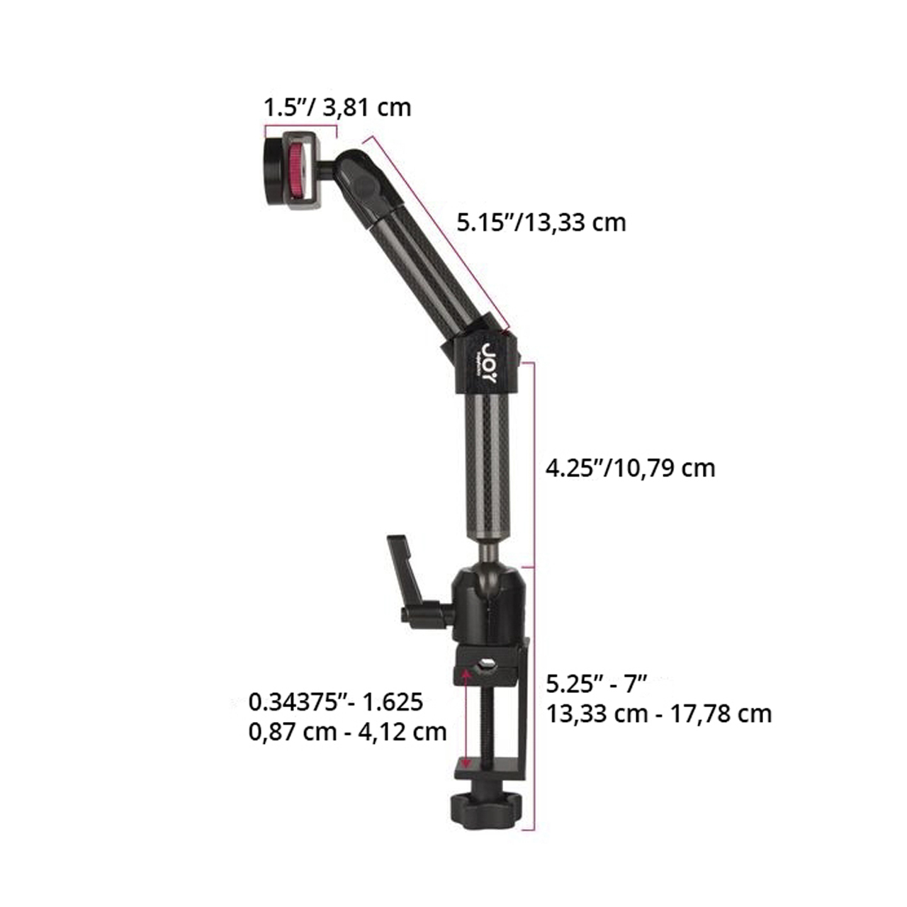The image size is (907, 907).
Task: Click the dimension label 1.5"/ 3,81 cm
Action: [337, 108]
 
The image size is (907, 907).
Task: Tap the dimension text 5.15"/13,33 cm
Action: [541, 222]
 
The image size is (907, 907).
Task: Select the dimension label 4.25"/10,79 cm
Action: [630, 468]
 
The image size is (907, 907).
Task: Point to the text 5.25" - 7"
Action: [597, 683]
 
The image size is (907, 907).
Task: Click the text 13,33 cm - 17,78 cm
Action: [659, 714]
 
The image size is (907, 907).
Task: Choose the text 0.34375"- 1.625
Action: [336, 702]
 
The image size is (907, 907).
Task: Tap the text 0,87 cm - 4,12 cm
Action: [347, 732]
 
